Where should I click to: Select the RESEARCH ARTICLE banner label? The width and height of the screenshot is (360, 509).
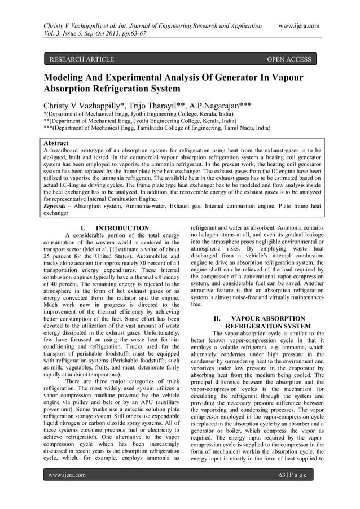point(82,59)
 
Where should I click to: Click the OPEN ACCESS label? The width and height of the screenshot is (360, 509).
point(289,59)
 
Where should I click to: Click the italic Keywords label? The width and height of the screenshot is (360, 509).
point(58,207)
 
